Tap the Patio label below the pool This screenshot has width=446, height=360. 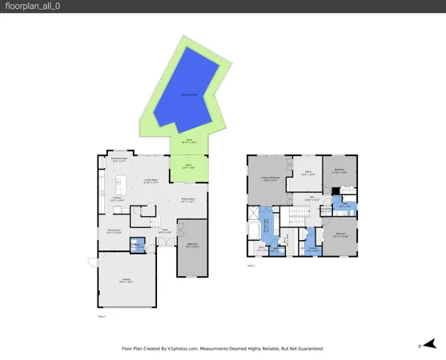[191, 142]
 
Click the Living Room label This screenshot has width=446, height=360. [150, 181]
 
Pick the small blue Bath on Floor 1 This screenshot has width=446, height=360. [137, 246]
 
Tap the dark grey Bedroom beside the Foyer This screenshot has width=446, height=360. [192, 246]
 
